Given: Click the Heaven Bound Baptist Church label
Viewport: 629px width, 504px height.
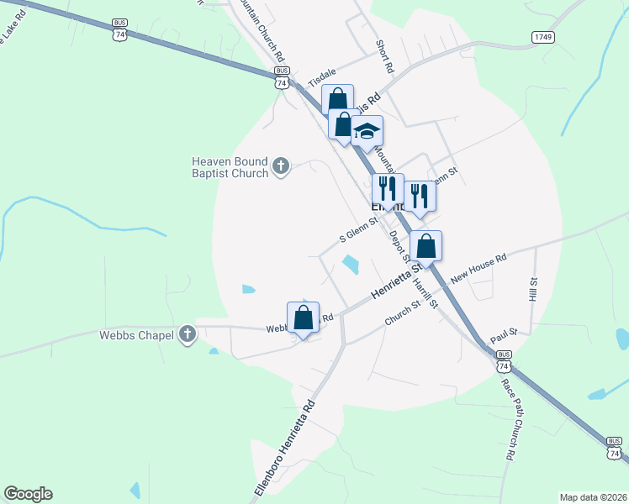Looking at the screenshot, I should click(x=230, y=167).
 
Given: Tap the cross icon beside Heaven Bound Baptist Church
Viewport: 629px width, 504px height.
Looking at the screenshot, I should click(x=281, y=167).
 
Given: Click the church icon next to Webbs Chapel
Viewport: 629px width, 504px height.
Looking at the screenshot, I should click(x=188, y=335).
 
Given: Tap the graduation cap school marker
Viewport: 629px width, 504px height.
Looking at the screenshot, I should click(x=367, y=131).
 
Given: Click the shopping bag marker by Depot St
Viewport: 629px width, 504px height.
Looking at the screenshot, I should click(x=426, y=247).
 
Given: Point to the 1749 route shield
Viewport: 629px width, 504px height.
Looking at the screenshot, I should click(x=543, y=37).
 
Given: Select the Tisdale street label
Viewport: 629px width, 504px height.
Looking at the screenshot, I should click(x=322, y=78).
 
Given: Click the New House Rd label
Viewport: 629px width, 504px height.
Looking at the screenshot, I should click(x=479, y=268).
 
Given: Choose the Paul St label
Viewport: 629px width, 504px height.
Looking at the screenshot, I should click(x=503, y=335).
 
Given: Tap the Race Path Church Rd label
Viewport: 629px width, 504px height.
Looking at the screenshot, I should click(x=508, y=419).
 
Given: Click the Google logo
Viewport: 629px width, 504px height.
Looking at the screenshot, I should click(x=28, y=494).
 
